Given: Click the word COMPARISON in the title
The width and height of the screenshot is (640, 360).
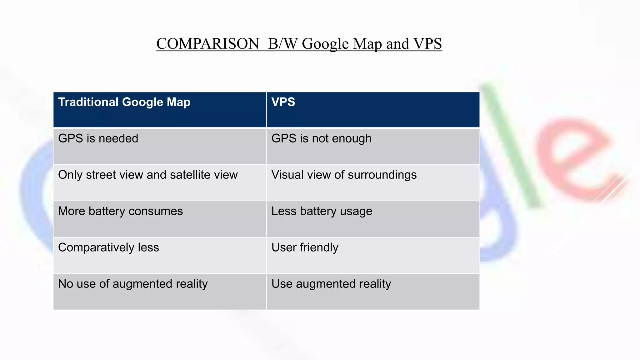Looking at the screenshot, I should (208, 44).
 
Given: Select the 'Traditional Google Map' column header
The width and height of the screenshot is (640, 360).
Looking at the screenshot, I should (124, 102).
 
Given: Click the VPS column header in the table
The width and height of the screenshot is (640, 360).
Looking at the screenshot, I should (283, 102).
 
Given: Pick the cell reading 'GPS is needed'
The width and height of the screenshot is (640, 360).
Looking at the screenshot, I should (98, 138).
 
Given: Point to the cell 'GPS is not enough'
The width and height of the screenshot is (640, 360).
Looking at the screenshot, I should (321, 138).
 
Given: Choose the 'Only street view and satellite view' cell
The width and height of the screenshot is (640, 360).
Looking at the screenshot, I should (148, 175).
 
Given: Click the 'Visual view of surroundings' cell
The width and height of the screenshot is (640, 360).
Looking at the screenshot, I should (344, 175).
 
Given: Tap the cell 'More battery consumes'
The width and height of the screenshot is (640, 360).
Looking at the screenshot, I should (120, 211).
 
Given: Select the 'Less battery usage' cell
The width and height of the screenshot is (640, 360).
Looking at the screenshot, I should (322, 211).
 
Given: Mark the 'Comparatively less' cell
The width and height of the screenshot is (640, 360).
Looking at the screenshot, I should (108, 247).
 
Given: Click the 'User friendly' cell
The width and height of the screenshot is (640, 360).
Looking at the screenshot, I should (305, 247).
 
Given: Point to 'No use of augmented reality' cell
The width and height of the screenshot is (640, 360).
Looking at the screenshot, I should (133, 284).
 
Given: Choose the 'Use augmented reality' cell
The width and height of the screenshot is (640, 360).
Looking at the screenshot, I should (331, 284).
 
